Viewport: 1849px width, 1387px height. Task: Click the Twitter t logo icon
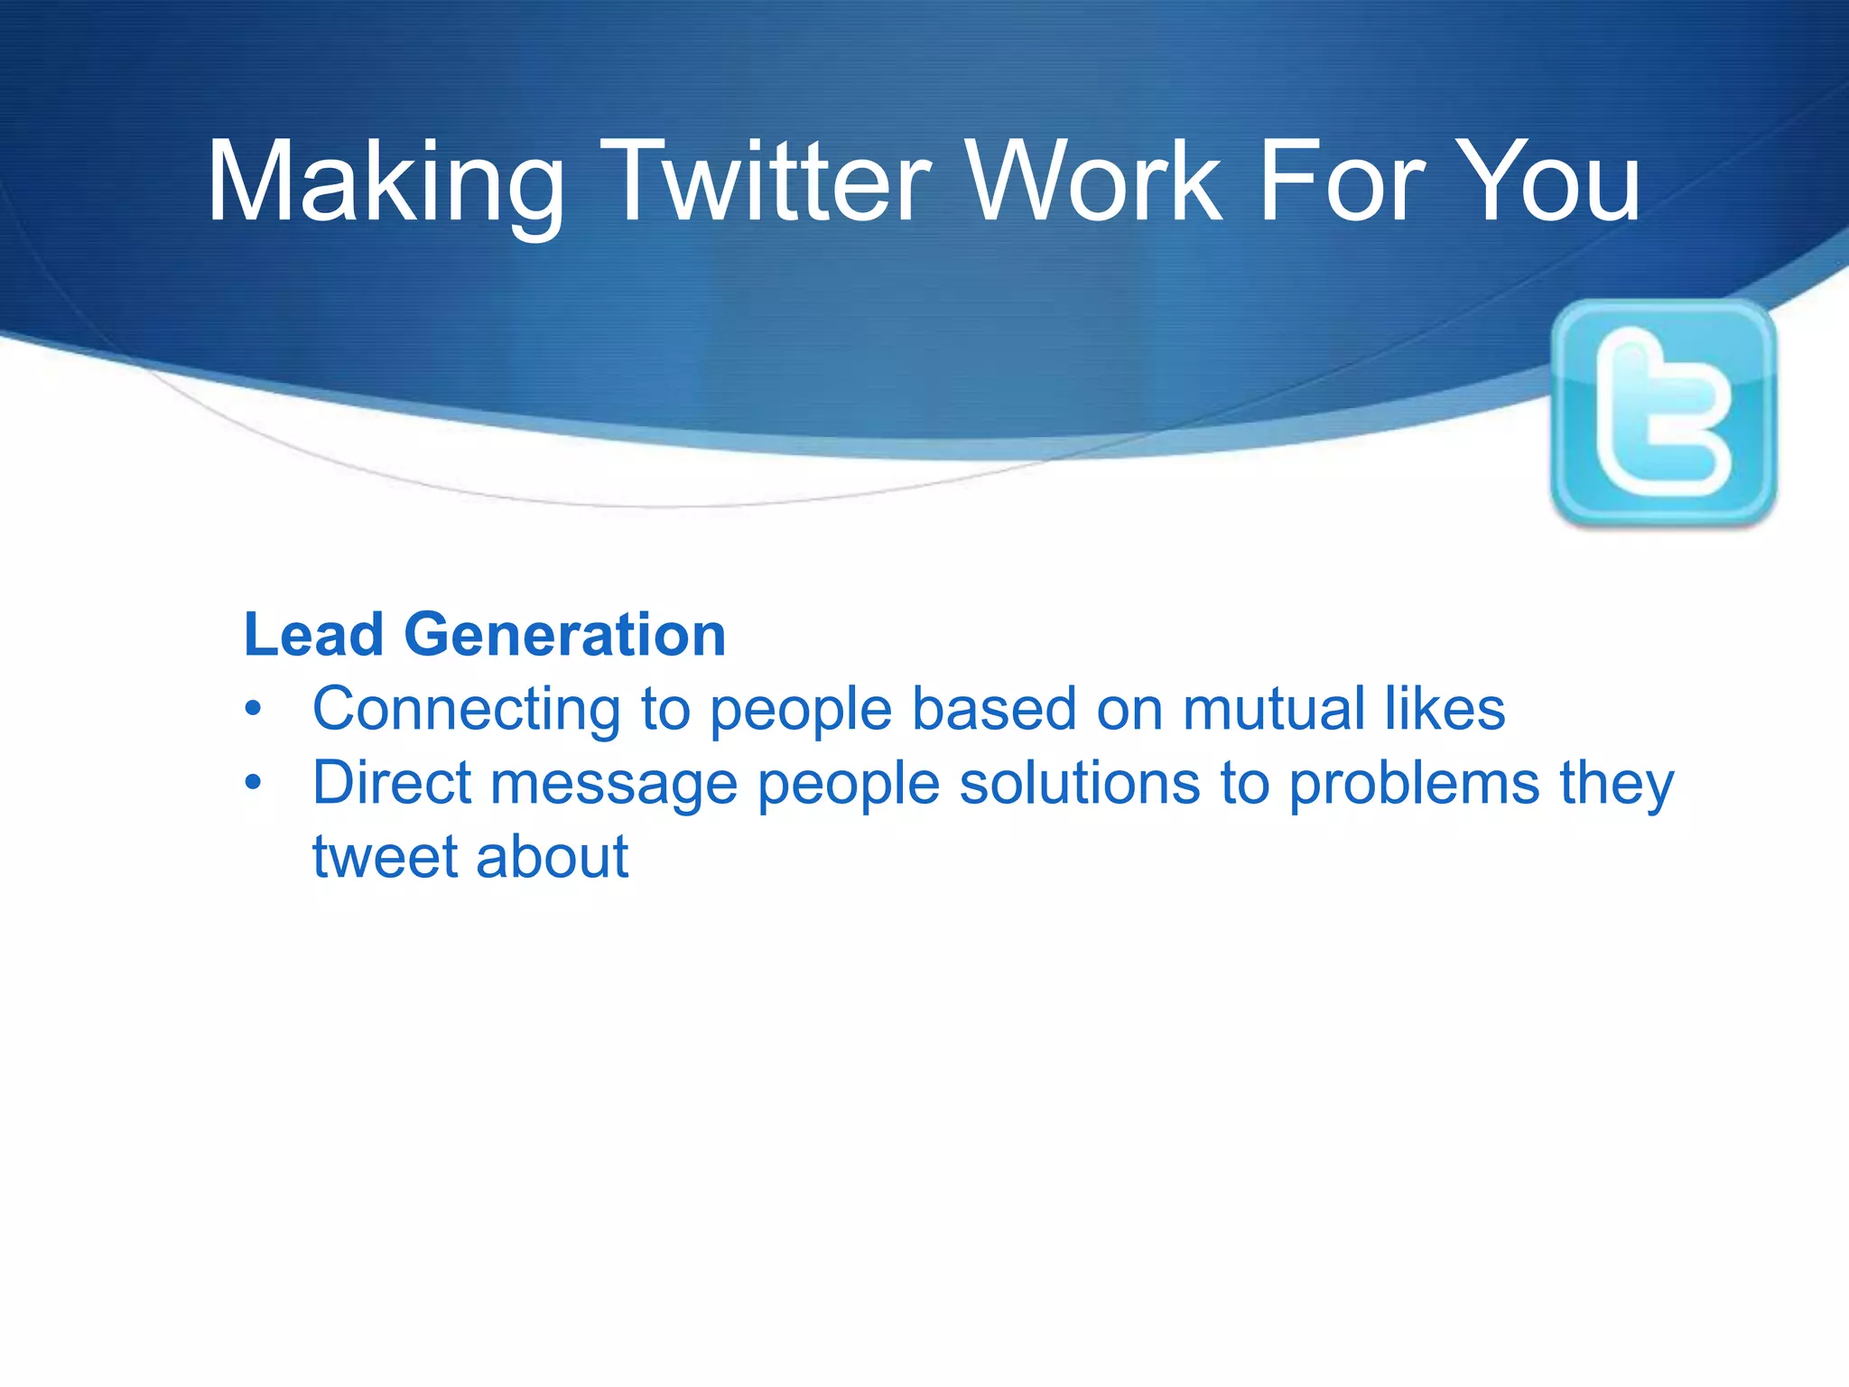click(1663, 412)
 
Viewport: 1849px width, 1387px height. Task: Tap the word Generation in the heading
click(564, 635)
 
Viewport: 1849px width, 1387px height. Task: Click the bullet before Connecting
click(254, 710)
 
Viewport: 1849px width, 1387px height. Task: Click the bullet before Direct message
click(254, 784)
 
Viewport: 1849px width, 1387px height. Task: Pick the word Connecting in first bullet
click(466, 710)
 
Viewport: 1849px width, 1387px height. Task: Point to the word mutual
click(1273, 710)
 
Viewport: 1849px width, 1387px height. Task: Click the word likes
click(1445, 710)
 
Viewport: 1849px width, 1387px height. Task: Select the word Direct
click(391, 783)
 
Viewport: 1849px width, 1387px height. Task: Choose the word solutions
click(1079, 783)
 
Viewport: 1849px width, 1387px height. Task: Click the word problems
click(1414, 783)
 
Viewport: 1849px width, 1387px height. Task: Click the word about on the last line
click(552, 858)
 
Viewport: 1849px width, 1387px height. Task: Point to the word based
click(993, 710)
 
